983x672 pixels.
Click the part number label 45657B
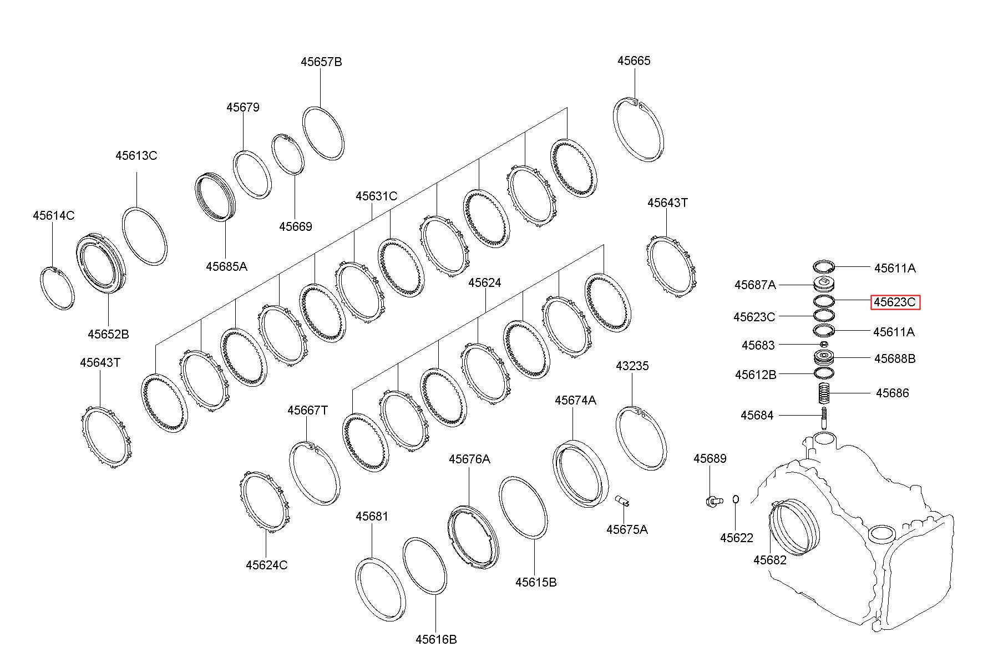321,62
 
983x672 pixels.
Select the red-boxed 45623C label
895,302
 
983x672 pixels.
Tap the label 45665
634,60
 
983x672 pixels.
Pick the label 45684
757,415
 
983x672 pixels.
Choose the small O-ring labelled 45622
736,499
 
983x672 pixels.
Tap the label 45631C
377,196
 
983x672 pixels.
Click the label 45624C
267,565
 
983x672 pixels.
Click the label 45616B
436,639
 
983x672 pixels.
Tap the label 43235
632,366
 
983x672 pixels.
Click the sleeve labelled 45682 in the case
776,527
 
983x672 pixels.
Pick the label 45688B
895,358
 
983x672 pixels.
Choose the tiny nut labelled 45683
824,345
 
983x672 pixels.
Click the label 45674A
575,400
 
